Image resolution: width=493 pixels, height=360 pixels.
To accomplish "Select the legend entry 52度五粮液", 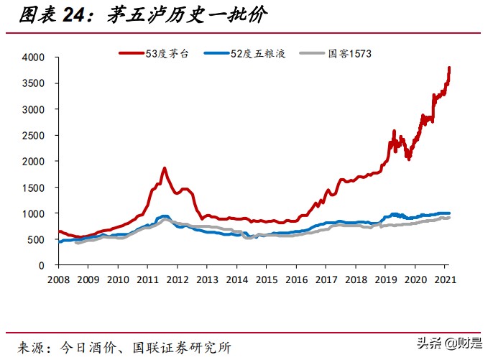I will (x=252, y=52).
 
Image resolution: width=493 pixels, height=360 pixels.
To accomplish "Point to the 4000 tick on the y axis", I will (x=34, y=57).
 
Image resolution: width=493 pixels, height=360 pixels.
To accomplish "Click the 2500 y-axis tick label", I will (x=34, y=136).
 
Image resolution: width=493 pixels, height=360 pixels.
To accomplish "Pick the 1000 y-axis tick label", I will (x=34, y=214).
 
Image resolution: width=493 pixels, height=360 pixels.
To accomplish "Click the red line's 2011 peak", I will (x=164, y=168).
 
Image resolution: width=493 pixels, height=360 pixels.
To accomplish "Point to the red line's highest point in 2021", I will (x=449, y=68).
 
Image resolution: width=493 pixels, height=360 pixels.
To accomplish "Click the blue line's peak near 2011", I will (x=165, y=216).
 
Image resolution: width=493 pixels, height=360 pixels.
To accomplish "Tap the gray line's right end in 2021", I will (x=449, y=218).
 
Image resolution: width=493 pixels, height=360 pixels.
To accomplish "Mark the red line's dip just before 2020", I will (x=409, y=158).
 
